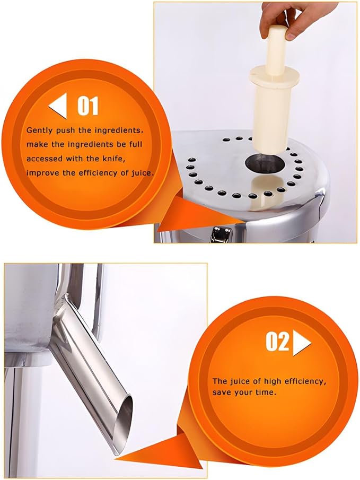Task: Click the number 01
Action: (x=88, y=106)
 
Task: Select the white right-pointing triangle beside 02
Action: (x=302, y=343)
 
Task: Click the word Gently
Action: (x=40, y=130)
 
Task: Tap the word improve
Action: (x=42, y=172)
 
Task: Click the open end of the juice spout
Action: (x=126, y=425)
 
